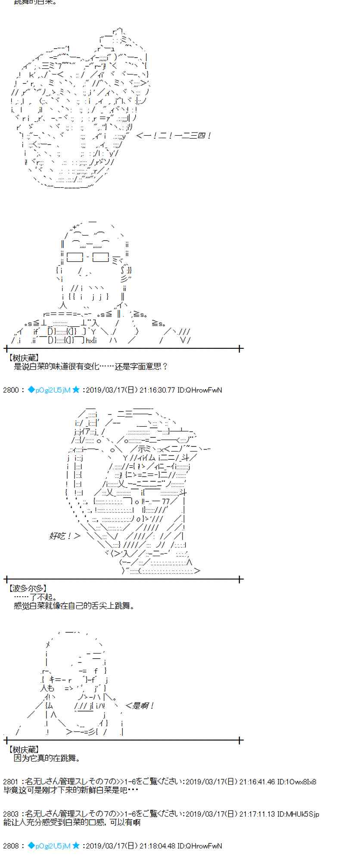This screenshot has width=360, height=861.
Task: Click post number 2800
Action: pos(11,390)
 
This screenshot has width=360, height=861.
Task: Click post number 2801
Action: pos(11,781)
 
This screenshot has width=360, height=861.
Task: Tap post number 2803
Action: pos(11,814)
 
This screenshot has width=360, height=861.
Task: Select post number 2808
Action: pos(11,846)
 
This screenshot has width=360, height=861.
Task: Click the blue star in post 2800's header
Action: pos(76,390)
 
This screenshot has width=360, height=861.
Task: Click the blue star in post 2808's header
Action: pos(76,846)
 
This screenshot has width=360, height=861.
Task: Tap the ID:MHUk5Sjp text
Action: pos(298,814)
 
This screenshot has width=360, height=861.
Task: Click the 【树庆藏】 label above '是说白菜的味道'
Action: pos(24,358)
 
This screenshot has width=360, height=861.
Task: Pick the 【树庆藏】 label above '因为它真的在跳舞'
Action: pos(24,750)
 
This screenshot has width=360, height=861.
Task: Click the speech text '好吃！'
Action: pos(60,536)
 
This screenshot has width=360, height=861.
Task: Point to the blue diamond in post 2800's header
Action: pos(31,390)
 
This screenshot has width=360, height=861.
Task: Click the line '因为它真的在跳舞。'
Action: pos(47,758)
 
